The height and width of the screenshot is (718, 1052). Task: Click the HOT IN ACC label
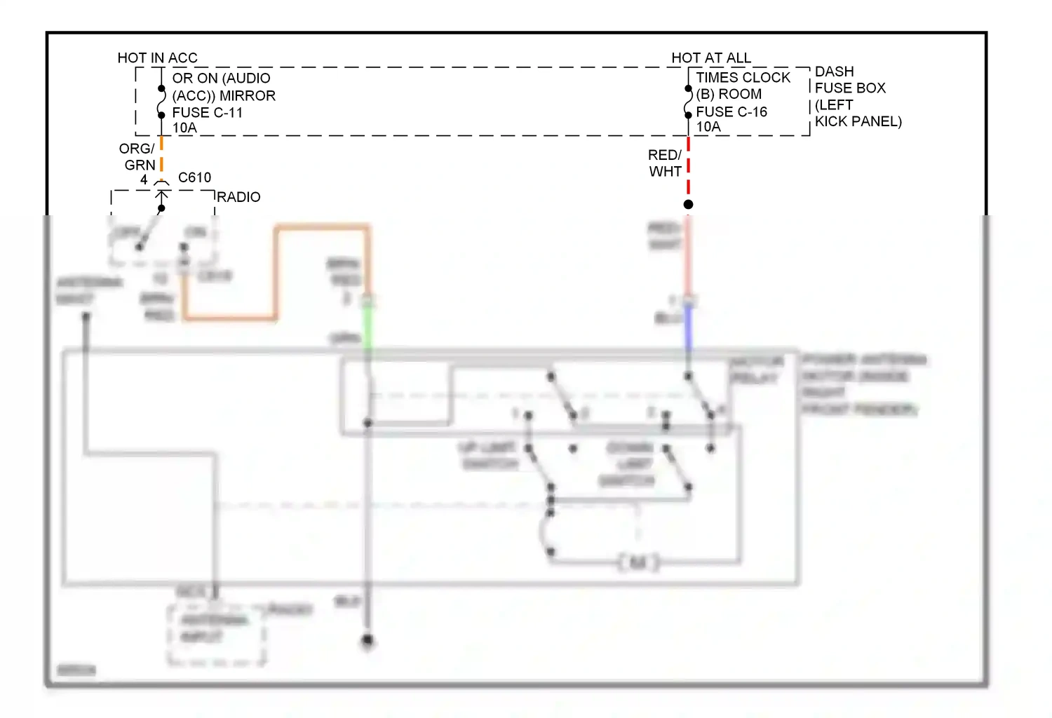[157, 57]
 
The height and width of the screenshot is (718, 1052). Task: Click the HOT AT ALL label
[710, 57]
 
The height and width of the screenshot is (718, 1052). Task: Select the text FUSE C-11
[207, 112]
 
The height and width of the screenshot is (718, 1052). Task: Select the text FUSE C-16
[731, 111]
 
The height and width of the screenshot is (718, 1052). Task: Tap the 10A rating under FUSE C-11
[184, 128]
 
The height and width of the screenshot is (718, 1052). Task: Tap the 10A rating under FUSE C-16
[708, 127]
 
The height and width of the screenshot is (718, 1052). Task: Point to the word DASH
[834, 72]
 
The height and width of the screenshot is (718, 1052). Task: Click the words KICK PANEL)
[858, 121]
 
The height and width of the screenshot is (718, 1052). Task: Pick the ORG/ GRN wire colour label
[137, 157]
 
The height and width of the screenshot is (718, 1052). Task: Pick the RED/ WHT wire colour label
[665, 163]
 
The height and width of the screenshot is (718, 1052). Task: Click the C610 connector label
[194, 177]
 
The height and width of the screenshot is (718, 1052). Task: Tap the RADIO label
[238, 197]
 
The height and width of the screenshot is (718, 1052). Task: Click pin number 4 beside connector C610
[144, 179]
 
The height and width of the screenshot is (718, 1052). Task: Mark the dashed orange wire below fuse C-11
[161, 154]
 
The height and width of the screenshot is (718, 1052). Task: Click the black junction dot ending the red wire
[688, 204]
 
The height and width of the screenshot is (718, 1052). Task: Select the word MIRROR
[248, 95]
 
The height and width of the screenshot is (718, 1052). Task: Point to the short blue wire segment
[688, 328]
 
